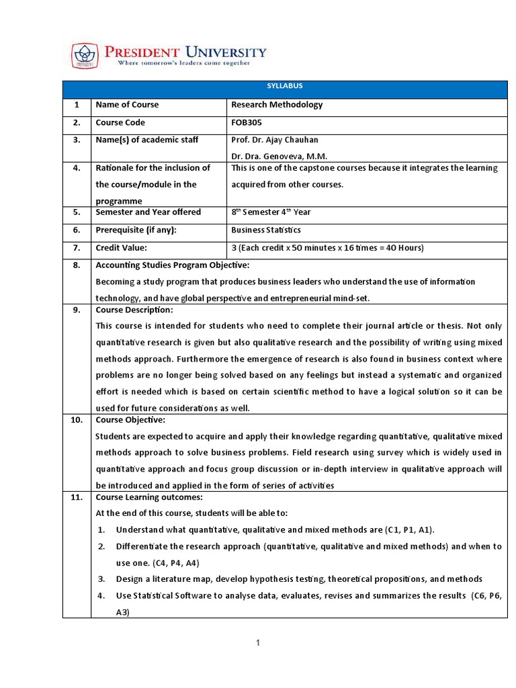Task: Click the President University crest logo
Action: click(85, 55)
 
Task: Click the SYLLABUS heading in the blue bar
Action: click(286, 86)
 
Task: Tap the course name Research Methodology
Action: click(277, 105)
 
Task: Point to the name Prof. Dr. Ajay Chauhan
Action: click(275, 140)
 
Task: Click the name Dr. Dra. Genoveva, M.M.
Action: click(279, 156)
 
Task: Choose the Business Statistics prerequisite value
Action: click(266, 230)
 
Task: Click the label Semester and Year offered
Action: click(148, 212)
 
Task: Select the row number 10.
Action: click(77, 420)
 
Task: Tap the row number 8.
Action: click(77, 265)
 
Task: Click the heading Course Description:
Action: click(134, 310)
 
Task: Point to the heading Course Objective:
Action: click(130, 420)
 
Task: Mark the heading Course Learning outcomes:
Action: click(148, 498)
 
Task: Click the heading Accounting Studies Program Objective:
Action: click(173, 265)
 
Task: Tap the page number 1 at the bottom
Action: click(258, 644)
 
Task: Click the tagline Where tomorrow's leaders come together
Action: click(184, 63)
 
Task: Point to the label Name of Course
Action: click(127, 105)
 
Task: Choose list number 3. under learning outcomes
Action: click(101, 579)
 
